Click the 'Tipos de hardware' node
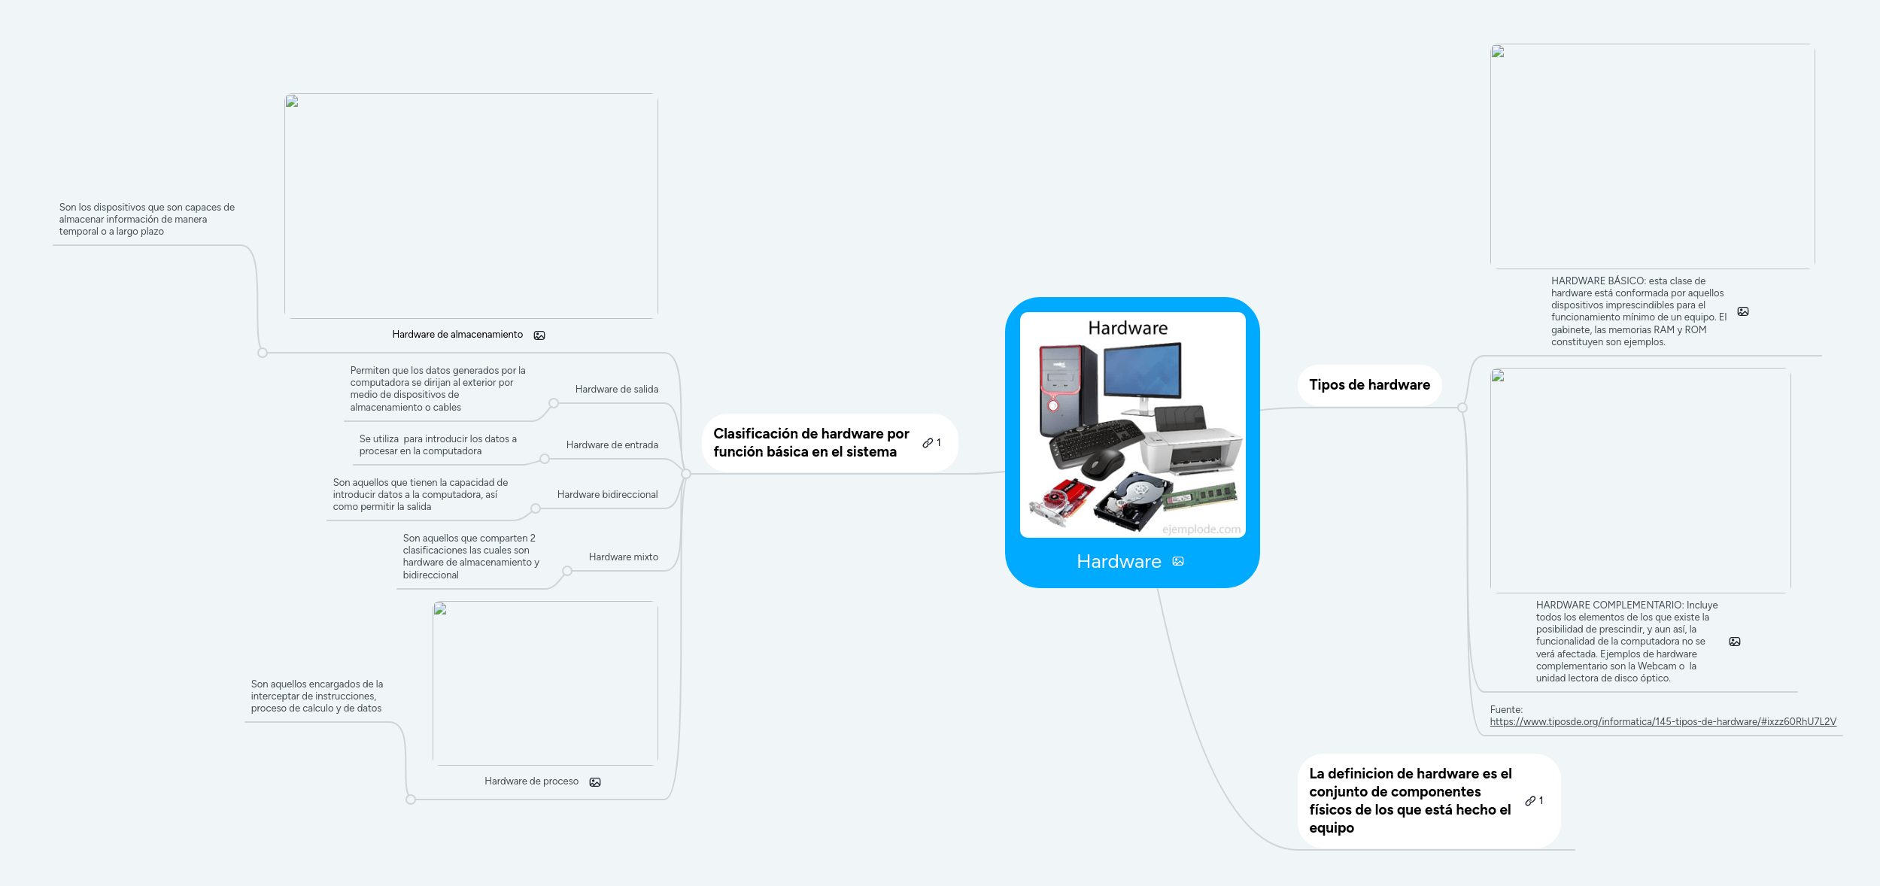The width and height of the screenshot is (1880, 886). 1368,385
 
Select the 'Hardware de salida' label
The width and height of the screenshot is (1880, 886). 616,390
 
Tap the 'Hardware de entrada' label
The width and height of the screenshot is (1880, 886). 612,445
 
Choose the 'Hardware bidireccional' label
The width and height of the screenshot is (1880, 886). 607,495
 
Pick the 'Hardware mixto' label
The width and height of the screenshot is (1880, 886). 623,557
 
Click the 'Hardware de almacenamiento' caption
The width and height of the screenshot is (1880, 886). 457,335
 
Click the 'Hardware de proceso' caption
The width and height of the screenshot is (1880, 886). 531,781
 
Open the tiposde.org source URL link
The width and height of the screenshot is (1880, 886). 1663,722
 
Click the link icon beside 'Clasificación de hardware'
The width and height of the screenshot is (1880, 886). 928,443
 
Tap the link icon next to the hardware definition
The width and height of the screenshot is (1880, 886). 1530,801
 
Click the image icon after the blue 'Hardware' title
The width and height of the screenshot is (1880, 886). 1178,562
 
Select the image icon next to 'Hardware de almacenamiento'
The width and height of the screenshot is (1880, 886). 539,335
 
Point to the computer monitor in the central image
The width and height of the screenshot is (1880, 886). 1142,372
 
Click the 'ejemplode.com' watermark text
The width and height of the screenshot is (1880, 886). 1201,529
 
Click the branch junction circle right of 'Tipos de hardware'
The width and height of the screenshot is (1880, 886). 1462,408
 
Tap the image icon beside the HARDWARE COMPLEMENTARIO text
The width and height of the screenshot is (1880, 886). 1735,642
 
